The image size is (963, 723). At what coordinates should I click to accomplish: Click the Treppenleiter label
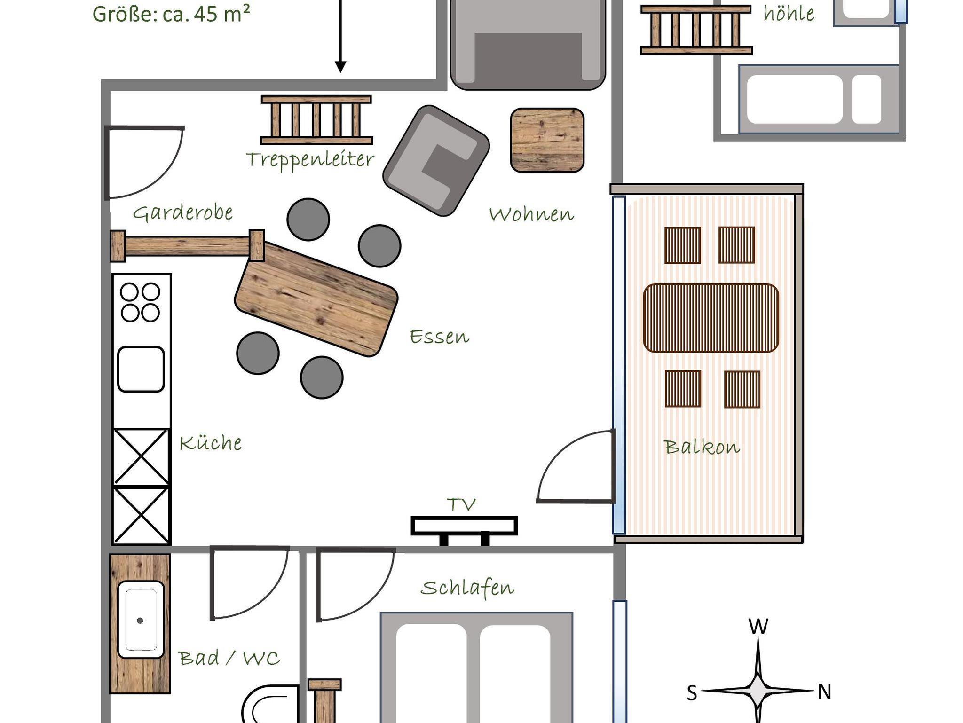[x=310, y=159]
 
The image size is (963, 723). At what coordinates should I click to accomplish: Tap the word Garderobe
[x=183, y=212]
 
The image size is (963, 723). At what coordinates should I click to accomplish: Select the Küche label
[x=211, y=442]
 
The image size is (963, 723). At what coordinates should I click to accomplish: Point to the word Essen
[x=440, y=337]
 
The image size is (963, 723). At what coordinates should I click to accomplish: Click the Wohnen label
[x=531, y=214]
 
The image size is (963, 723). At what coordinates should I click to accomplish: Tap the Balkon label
[x=702, y=447]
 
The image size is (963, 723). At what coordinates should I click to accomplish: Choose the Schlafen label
[x=467, y=588]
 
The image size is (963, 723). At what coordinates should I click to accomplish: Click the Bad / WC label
[x=229, y=658]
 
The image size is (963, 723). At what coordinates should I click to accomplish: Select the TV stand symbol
[x=464, y=530]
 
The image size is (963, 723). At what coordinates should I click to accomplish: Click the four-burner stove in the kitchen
[x=140, y=302]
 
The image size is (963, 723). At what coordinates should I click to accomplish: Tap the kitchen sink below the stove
[x=141, y=369]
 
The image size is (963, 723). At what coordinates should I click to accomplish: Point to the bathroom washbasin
[x=141, y=620]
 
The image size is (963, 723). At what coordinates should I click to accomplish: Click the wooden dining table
[x=316, y=299]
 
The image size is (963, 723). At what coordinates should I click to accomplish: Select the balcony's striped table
[x=710, y=318]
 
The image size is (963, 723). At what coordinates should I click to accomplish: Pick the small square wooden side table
[x=547, y=140]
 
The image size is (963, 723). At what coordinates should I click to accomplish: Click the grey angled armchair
[x=436, y=160]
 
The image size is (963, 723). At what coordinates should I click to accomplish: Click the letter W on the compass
[x=758, y=627]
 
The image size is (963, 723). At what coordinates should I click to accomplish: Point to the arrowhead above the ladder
[x=340, y=67]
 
